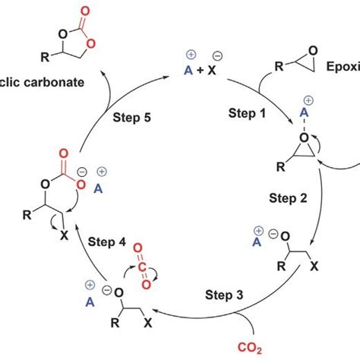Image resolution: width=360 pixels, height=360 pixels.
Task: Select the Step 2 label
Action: (x=288, y=198)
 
